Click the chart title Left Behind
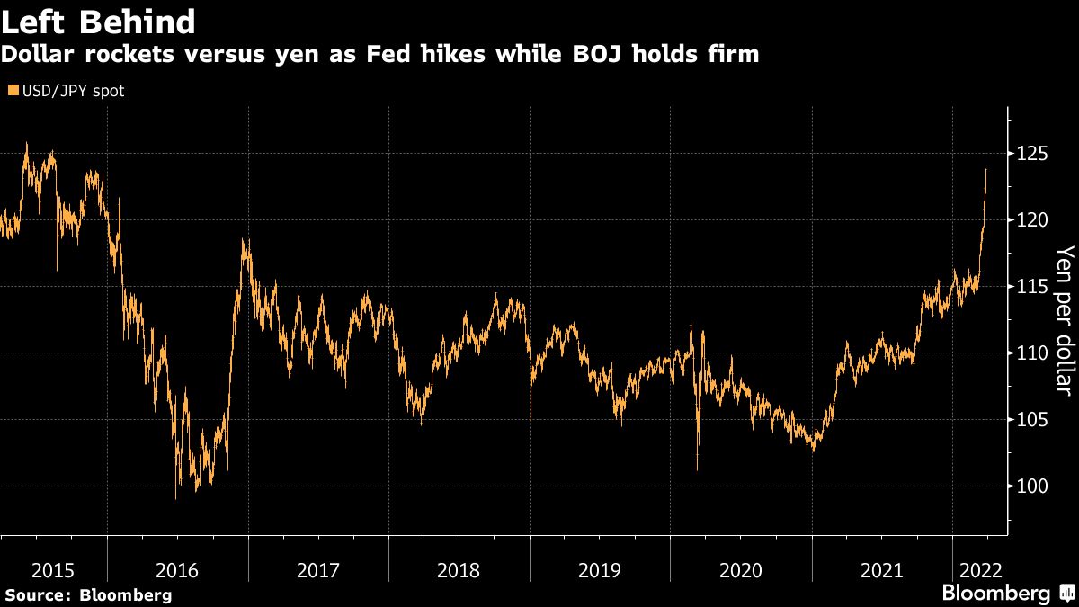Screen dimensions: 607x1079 (99, 21)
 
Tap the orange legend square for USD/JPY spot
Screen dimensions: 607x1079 (13, 91)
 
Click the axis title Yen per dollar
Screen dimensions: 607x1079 (1065, 320)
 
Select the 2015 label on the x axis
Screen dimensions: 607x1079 (53, 569)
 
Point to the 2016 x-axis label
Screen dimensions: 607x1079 (177, 569)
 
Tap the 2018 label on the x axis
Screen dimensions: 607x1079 (459, 569)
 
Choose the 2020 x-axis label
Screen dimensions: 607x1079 (741, 569)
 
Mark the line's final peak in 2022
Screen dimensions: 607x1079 (986, 169)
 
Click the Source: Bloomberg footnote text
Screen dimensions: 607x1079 (87, 594)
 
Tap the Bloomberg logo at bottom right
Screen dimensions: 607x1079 (1006, 593)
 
